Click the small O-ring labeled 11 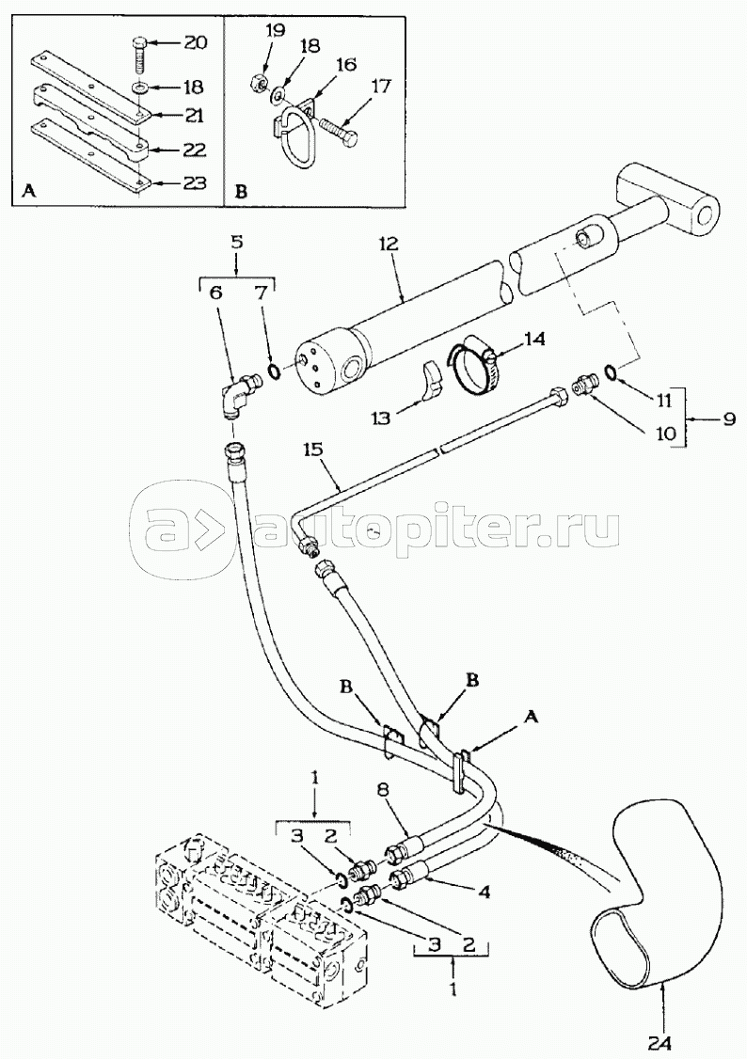(x=610, y=372)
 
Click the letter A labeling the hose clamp (x=531, y=720)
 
